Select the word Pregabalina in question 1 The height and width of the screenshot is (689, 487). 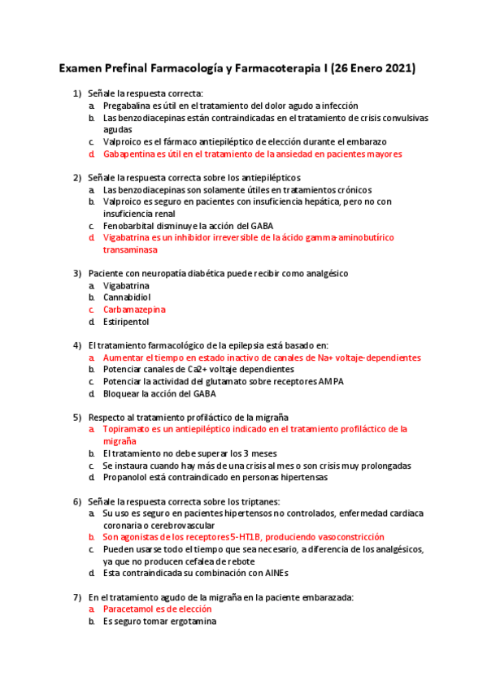[x=130, y=106]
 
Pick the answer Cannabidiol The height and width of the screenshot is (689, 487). [x=127, y=297]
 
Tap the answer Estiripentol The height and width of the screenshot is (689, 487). [x=126, y=322]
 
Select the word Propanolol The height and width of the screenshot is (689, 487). [x=127, y=478]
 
